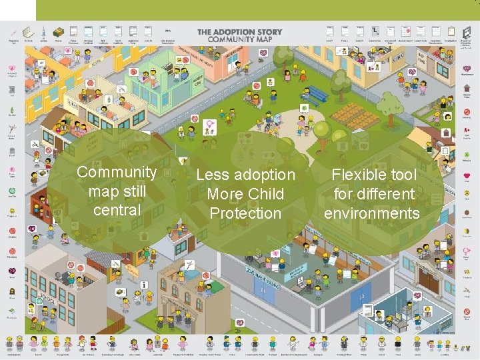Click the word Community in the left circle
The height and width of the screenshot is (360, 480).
coord(117,172)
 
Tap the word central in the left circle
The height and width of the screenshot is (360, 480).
coord(117,210)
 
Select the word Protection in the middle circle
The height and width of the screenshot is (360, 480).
coord(245,213)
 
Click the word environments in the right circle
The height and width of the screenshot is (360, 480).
coord(372,213)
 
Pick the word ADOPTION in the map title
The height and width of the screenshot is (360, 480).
coord(240,31)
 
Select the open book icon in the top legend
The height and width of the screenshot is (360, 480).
coord(29,32)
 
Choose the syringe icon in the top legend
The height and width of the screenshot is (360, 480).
coord(43,32)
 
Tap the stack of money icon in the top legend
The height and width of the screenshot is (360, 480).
coord(58,31)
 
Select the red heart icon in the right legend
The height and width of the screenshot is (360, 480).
coord(467,69)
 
